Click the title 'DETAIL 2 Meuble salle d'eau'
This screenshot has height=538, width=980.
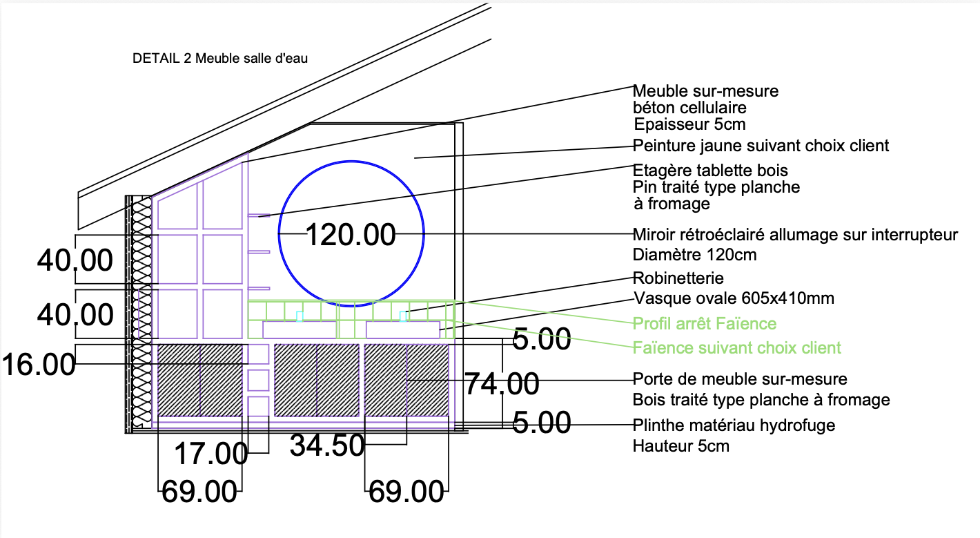220,58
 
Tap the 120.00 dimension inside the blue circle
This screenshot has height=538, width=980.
351,235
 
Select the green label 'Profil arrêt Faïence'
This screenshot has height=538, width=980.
705,323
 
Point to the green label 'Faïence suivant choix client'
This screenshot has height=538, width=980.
737,347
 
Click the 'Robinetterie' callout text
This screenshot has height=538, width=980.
678,278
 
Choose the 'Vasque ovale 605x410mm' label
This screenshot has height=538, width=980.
734,298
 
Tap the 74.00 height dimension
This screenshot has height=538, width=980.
501,384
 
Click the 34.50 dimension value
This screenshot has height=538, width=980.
327,445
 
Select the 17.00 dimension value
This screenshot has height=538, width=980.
211,454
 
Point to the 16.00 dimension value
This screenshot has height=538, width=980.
39,364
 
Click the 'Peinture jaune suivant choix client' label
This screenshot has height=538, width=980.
761,145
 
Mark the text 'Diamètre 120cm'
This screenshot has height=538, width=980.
694,255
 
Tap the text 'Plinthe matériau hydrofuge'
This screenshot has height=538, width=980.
734,425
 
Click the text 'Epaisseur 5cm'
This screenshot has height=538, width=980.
689,124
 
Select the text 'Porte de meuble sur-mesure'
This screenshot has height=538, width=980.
740,378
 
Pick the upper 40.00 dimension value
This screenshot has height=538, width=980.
75,260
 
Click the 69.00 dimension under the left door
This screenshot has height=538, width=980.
199,492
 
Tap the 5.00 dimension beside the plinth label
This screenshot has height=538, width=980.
541,423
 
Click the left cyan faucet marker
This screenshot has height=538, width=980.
300,316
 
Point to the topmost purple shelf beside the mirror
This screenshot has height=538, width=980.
259,215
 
